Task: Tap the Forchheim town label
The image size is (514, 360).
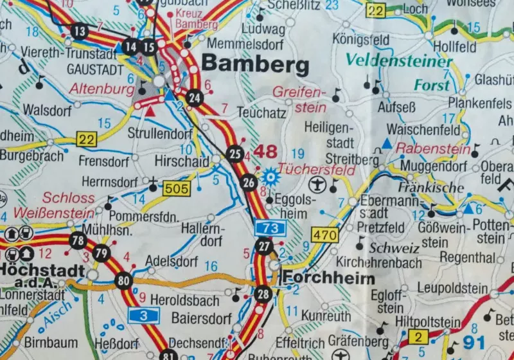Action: pos(329,278)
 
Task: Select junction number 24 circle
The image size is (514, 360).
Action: pos(195,98)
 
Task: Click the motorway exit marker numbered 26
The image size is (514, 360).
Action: pos(249,183)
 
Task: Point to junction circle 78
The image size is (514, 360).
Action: pos(78,241)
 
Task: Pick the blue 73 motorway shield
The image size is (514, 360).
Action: pos(270,227)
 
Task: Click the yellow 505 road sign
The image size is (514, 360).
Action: pos(176,189)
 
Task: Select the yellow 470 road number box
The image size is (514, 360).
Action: pos(324,235)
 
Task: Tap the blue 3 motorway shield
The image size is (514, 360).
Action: pos(144,315)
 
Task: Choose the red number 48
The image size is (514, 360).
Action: pos(267,152)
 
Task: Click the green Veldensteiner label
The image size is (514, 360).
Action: pos(400,61)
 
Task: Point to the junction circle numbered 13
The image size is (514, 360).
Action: pos(80,31)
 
